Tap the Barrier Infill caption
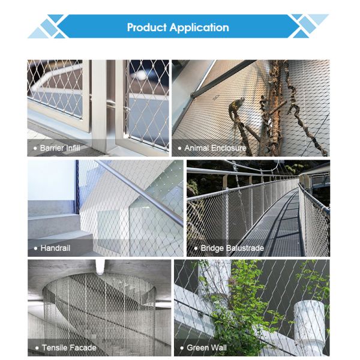pyautogui.click(x=59, y=147)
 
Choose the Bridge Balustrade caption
pyautogui.click(x=228, y=247)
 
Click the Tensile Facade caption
pyautogui.click(x=68, y=347)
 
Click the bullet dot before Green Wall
pyautogui.click(x=181, y=347)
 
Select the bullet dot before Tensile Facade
pyautogui.click(x=36, y=347)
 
